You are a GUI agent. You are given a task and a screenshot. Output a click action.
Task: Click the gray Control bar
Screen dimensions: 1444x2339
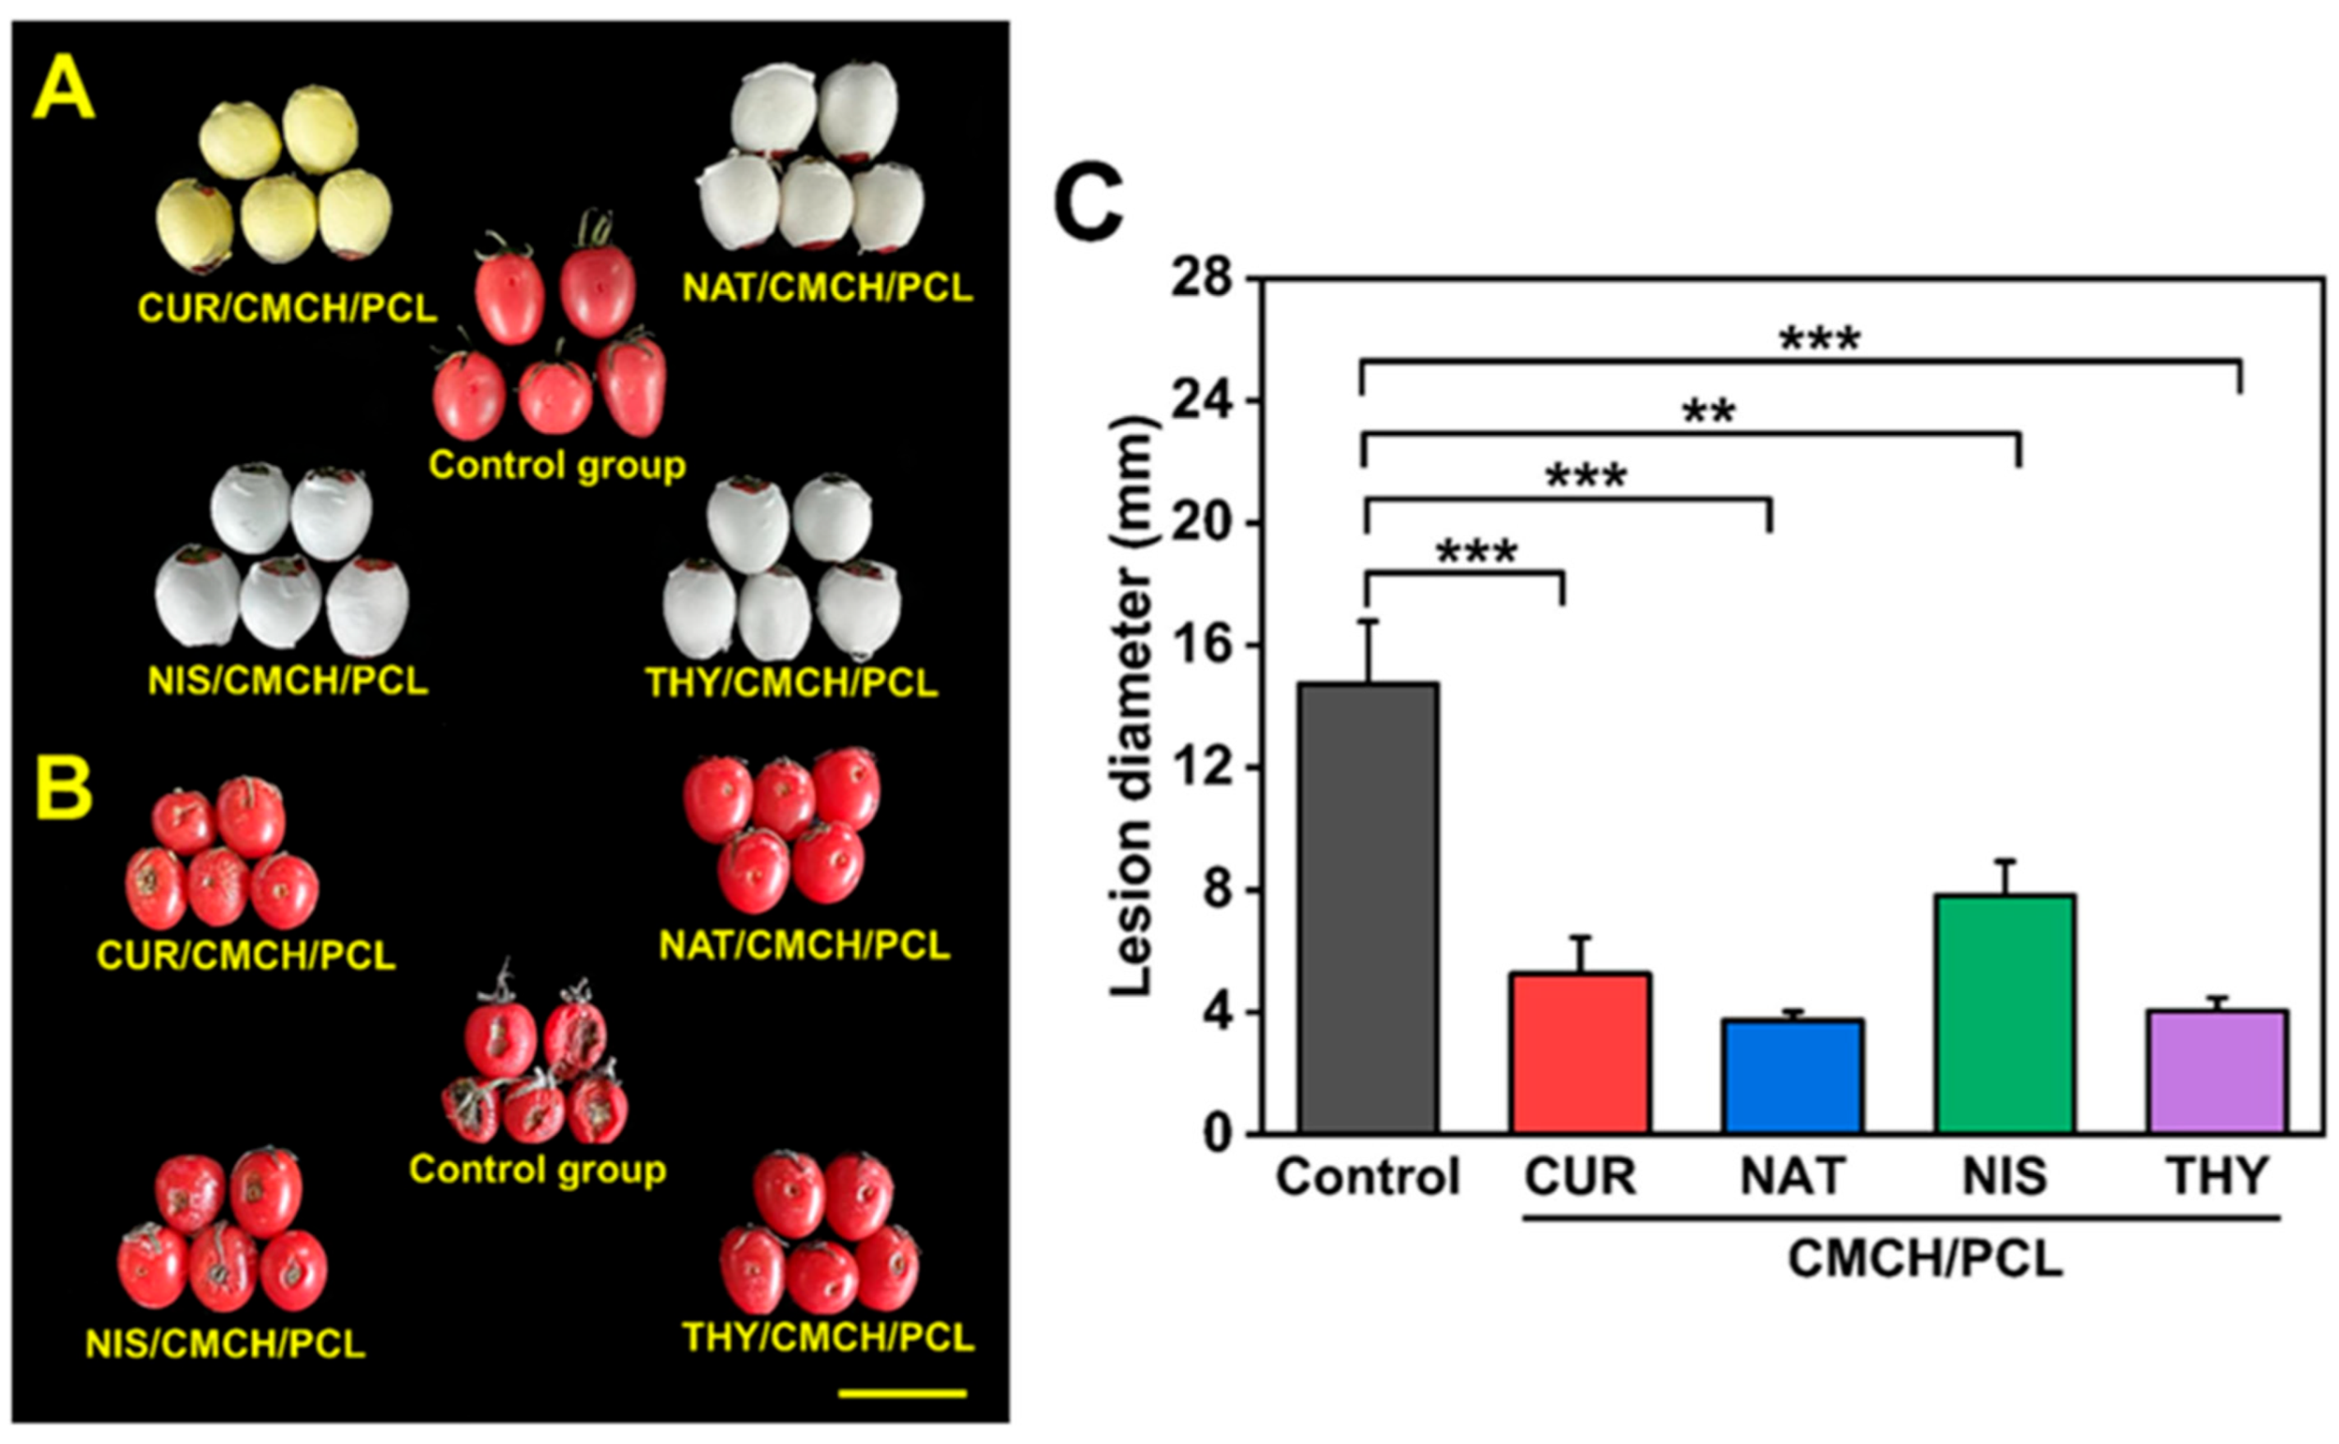click(x=1368, y=908)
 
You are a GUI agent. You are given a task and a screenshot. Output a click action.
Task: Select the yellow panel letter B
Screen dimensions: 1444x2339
click(x=63, y=791)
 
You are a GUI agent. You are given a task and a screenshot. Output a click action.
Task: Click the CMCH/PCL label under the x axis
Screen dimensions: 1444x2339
click(x=1924, y=1258)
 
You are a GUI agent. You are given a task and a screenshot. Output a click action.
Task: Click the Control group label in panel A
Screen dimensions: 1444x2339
click(x=557, y=465)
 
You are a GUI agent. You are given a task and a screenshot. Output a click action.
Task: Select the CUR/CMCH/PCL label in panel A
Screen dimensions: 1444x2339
click(x=288, y=307)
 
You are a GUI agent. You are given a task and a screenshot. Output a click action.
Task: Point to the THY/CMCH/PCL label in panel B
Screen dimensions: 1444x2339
click(x=827, y=1337)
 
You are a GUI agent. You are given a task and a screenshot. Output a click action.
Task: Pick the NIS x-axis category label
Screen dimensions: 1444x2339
click(x=2005, y=1176)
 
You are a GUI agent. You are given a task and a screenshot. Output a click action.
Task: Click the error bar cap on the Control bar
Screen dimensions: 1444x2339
click(x=1368, y=621)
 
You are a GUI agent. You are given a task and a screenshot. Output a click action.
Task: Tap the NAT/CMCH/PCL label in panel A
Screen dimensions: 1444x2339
click(x=827, y=287)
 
